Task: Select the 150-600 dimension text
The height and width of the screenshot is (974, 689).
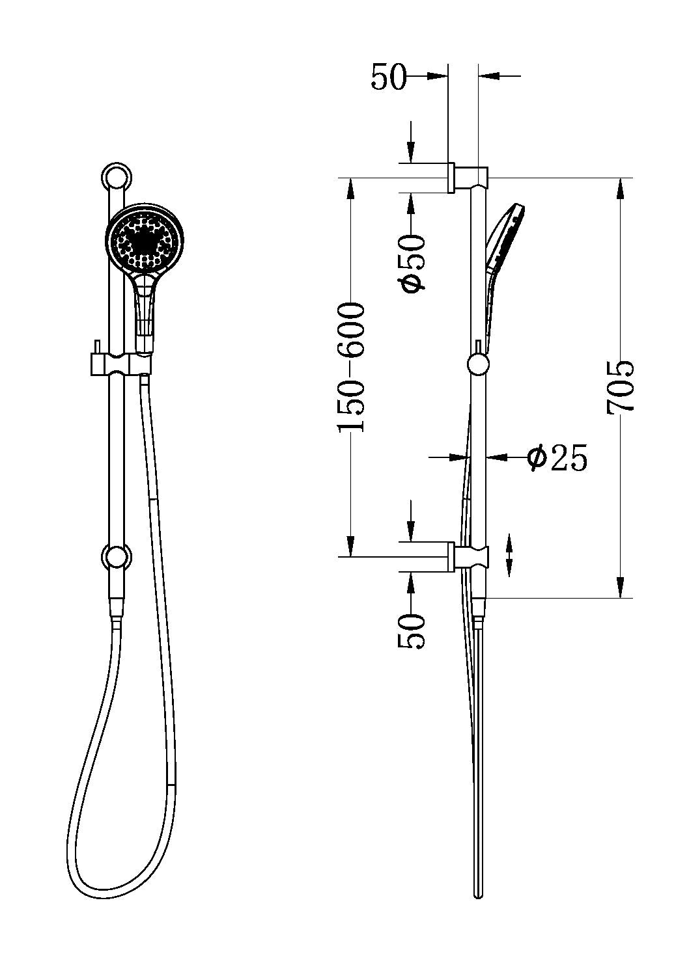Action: coord(352,367)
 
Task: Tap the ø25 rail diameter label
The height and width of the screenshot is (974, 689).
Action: coord(557,457)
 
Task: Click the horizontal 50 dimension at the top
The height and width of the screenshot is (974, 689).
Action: coord(388,77)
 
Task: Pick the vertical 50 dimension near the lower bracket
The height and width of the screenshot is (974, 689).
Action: coord(412,630)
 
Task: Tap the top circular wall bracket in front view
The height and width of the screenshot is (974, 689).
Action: coord(117,176)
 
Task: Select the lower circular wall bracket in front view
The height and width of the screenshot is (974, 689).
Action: coord(117,557)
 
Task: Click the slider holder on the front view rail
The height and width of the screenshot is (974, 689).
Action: coord(117,364)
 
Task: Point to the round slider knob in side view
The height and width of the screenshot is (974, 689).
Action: coord(479,364)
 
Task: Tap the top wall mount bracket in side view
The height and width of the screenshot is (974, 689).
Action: coord(468,177)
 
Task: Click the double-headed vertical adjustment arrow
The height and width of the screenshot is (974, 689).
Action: coord(509,555)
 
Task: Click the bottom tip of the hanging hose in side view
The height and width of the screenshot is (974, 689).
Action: coord(479,895)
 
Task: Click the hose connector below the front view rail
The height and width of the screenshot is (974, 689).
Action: coord(117,610)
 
